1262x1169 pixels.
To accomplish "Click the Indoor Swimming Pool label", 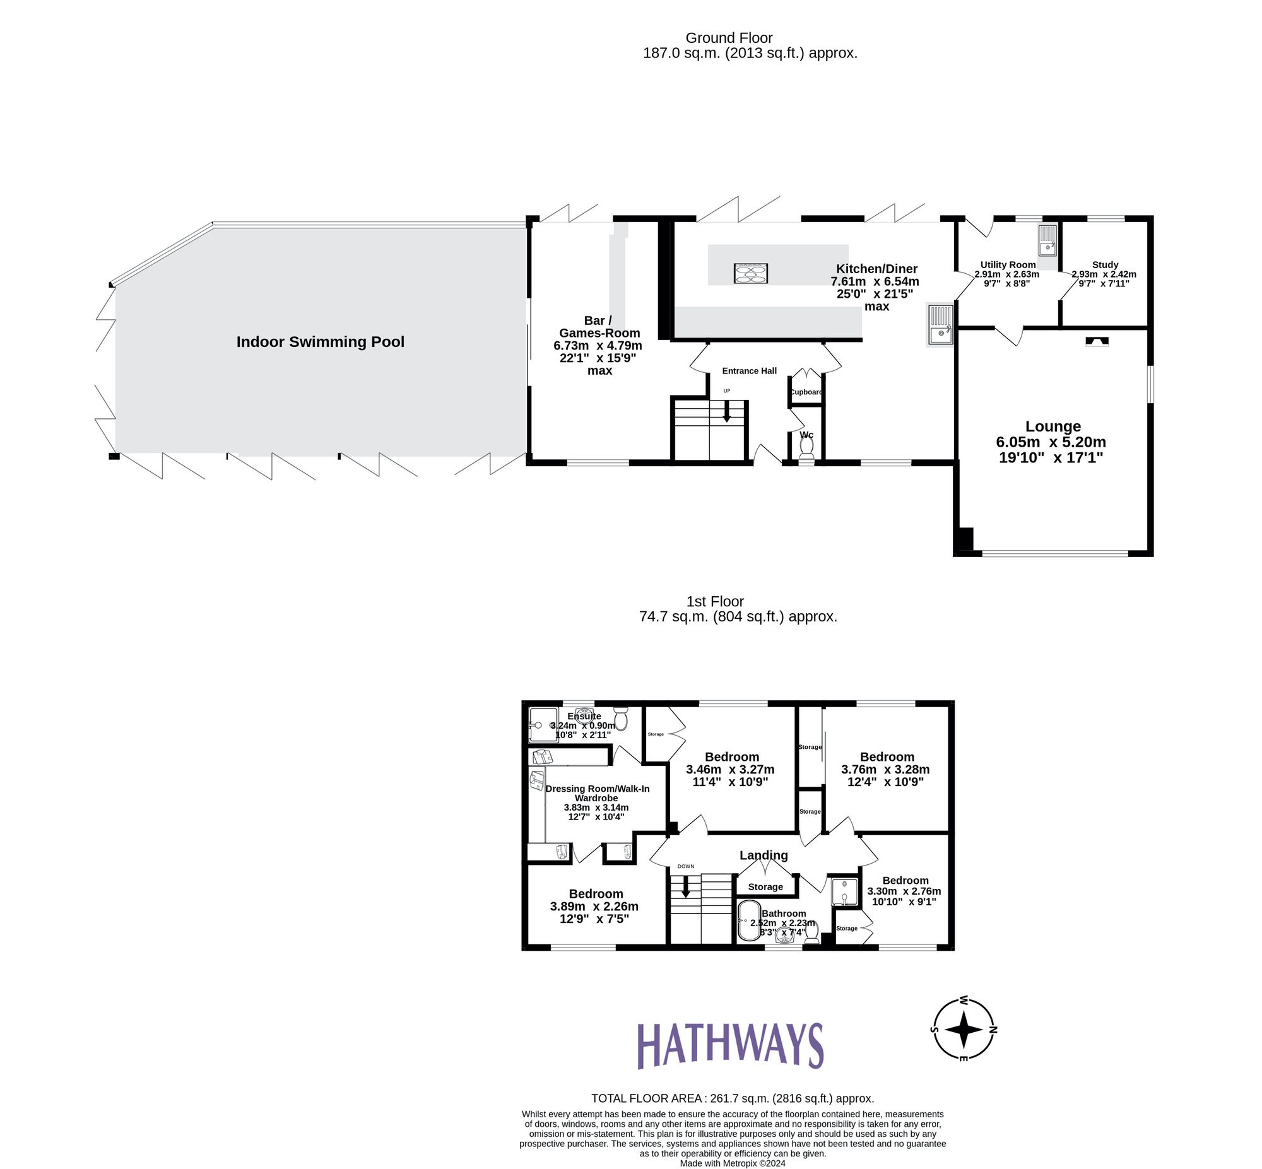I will tap(320, 342).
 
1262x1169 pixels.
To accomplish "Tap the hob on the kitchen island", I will tap(750, 273).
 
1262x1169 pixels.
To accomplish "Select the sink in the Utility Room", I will tap(1047, 240).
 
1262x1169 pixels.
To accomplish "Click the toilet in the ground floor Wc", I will tap(806, 447).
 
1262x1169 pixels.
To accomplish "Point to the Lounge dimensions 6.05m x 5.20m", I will tap(1051, 442).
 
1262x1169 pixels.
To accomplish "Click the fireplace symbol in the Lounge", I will tap(1097, 341).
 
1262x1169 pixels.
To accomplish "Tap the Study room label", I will tap(1104, 264).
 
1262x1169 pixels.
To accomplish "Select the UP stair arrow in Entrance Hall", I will tap(726, 413).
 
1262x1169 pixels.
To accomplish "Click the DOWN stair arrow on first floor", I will tap(685, 889).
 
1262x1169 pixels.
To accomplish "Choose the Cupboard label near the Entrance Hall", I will tap(806, 392).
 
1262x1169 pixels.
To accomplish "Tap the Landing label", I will tap(764, 855).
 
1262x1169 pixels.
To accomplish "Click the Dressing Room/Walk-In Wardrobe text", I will tap(596, 793).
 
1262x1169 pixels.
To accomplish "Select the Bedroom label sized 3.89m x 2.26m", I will tap(595, 894).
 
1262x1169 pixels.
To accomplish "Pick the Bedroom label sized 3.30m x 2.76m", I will tap(905, 881).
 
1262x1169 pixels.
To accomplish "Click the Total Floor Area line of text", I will tap(732, 1099).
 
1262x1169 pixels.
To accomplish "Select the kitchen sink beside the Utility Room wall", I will tap(940, 324).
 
